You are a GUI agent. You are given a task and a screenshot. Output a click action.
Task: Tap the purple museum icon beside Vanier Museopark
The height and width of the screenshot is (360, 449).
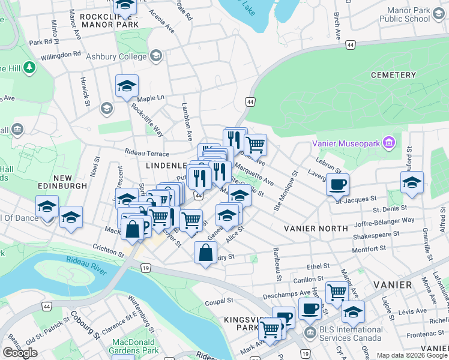click(389, 143)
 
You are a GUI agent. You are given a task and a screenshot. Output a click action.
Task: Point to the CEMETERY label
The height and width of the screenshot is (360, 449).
click(393, 75)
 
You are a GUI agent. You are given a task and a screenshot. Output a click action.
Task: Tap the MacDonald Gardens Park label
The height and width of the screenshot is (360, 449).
click(135, 346)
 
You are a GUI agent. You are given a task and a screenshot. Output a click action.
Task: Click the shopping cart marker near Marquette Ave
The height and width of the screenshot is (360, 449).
click(256, 144)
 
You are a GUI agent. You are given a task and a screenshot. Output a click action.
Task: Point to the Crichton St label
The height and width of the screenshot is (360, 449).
click(108, 248)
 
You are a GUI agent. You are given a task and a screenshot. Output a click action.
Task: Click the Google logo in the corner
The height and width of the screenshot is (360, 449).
click(20, 353)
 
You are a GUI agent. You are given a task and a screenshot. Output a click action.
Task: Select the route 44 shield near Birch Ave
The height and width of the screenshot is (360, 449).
click(350, 44)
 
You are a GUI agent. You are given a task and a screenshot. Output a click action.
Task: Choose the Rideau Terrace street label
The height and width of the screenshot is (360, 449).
click(147, 153)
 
